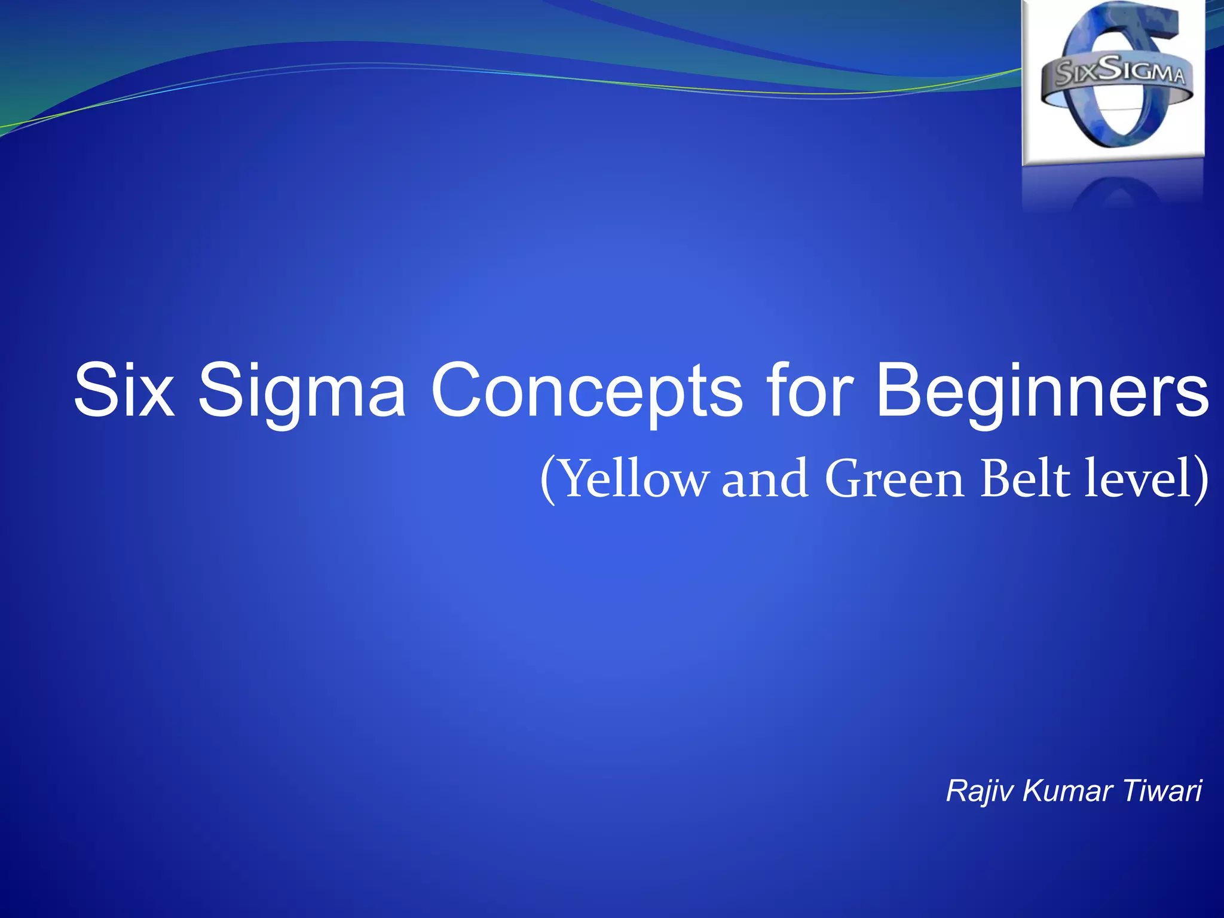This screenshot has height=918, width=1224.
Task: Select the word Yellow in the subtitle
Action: coord(635,479)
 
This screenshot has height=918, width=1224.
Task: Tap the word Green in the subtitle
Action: coord(894,479)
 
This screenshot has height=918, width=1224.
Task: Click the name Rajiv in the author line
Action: coord(980,792)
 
